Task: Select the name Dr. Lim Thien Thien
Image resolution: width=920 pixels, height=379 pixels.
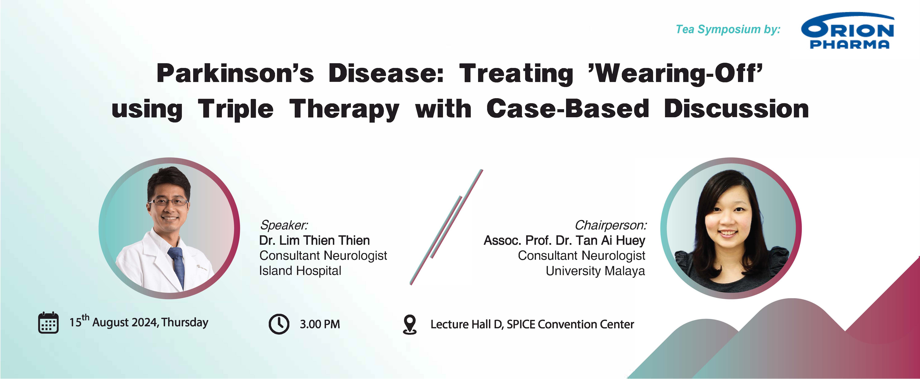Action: tap(314, 240)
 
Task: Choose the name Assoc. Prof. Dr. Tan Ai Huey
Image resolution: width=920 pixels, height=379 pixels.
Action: tap(564, 240)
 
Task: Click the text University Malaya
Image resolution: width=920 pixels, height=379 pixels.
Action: tap(595, 271)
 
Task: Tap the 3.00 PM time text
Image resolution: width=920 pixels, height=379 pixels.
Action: tap(320, 324)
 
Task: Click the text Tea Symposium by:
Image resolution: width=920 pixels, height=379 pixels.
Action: tap(728, 29)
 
